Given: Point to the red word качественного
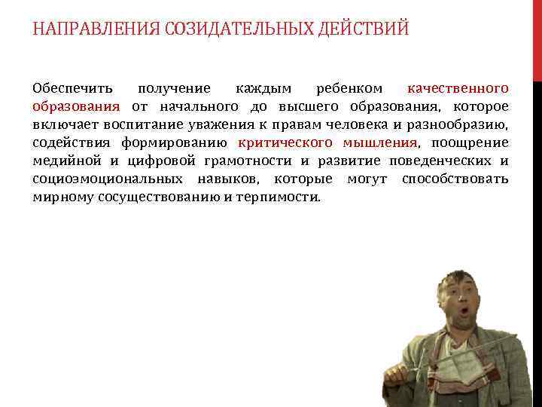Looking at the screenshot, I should pos(458,89).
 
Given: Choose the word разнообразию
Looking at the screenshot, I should pos(458,125).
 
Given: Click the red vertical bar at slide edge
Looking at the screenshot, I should pos(537,38).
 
